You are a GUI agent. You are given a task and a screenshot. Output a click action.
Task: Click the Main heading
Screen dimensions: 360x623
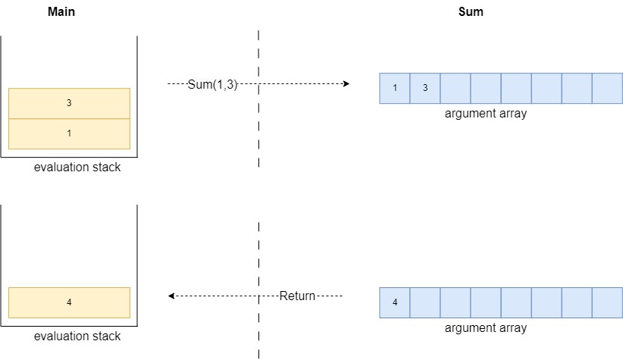[x=61, y=12]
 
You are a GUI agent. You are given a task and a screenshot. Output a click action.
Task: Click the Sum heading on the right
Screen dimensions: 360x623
[x=471, y=12]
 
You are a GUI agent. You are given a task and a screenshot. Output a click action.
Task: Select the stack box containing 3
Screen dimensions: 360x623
[x=69, y=103]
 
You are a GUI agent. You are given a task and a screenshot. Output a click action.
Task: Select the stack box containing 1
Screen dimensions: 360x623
[x=69, y=133]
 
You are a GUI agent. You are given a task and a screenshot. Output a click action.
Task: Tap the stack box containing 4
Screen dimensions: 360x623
[x=69, y=302]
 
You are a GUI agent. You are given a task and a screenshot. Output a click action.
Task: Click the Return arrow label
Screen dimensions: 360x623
[x=296, y=296]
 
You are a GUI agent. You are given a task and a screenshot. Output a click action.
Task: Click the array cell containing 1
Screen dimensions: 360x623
[x=395, y=88]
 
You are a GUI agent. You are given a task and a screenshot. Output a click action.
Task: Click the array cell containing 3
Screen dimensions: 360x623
[x=425, y=88]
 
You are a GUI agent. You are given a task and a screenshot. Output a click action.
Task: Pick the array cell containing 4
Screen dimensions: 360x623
[x=395, y=302]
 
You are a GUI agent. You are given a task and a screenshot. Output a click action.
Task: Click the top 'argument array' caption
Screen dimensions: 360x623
[x=486, y=114]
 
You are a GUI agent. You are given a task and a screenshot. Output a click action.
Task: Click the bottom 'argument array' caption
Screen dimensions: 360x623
[x=486, y=328]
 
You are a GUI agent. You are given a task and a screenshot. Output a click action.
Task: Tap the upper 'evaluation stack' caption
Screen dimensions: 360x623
[x=77, y=167]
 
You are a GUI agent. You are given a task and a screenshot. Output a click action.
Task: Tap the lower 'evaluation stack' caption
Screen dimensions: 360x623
[x=77, y=336]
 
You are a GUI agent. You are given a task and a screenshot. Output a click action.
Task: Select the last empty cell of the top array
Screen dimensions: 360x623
[x=607, y=88]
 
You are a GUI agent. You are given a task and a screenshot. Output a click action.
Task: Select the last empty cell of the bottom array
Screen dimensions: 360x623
[x=607, y=302]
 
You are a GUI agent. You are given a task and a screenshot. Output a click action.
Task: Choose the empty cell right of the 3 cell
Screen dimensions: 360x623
[x=456, y=88]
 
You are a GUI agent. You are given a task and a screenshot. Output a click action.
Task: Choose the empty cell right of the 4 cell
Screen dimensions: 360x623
[x=425, y=302]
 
